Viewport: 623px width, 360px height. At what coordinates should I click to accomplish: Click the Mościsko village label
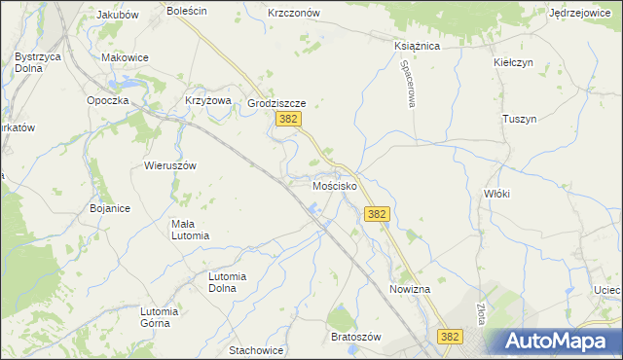334,185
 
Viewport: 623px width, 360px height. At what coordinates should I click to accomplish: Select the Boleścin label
187,12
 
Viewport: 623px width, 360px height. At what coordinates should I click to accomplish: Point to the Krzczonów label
293,14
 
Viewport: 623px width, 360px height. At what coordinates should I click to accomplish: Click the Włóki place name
496,194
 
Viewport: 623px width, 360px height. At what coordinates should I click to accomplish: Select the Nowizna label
409,290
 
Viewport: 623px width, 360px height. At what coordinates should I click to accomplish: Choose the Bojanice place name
110,208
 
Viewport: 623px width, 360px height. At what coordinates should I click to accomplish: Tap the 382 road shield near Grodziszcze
287,119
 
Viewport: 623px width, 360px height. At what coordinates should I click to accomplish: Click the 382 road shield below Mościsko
378,214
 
